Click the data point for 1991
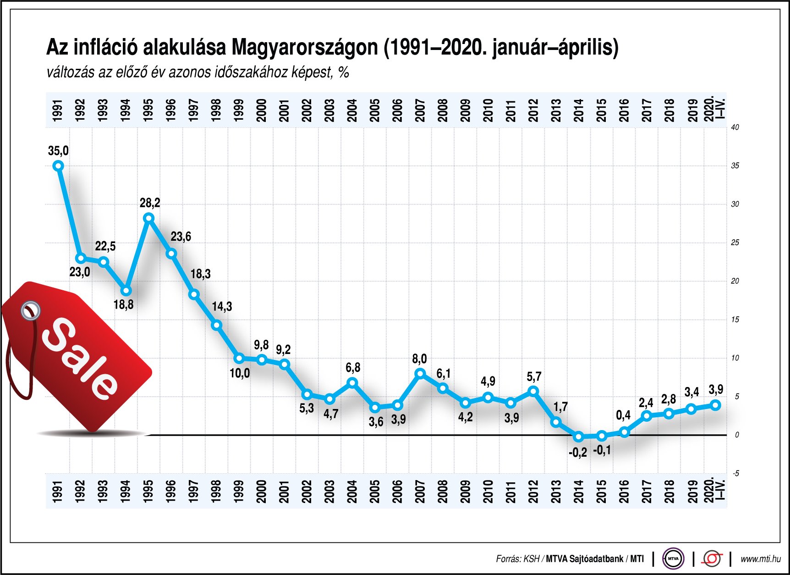(x=58, y=166)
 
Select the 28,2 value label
(x=150, y=203)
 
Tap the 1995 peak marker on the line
(x=148, y=218)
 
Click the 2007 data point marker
(x=420, y=374)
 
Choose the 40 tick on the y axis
(x=735, y=127)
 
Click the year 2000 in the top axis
(x=261, y=111)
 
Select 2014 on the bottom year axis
(x=579, y=491)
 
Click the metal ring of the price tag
(x=31, y=310)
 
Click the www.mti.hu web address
(x=760, y=559)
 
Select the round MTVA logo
(x=673, y=559)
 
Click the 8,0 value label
(x=419, y=359)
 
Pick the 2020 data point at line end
(x=716, y=405)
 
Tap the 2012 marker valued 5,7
(x=533, y=392)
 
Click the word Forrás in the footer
(x=508, y=559)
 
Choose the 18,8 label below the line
(x=123, y=304)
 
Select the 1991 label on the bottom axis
(x=57, y=491)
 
